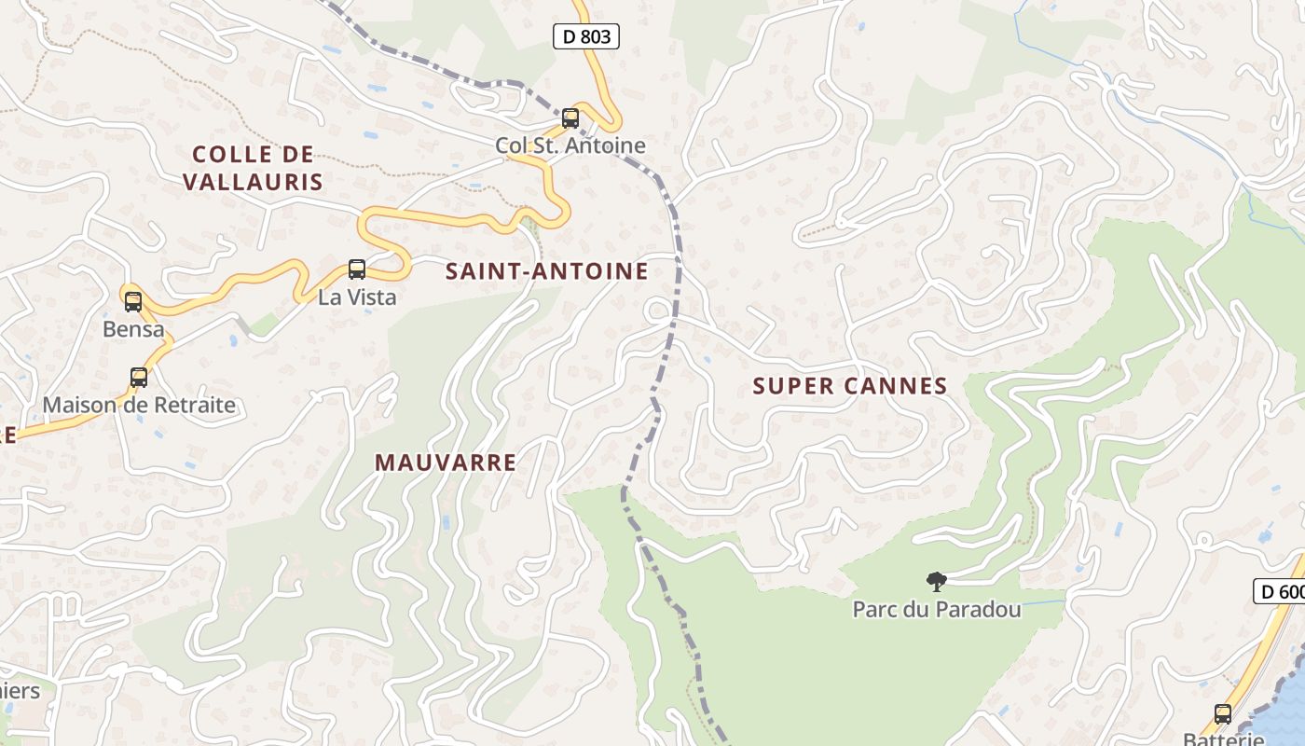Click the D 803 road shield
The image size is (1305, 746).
tap(586, 36)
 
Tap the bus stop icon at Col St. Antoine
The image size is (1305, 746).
tap(570, 118)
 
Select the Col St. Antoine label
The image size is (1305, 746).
tap(570, 145)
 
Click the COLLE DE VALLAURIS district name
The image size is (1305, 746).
tap(253, 168)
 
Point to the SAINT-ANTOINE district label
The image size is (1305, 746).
tap(546, 271)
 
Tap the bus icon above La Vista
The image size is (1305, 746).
tap(357, 269)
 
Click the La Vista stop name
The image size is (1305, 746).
tap(357, 297)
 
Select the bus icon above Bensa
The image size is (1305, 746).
tap(133, 301)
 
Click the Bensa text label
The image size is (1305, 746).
tap(133, 329)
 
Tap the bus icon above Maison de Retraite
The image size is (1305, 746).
tap(139, 378)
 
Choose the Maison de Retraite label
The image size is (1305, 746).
tap(139, 406)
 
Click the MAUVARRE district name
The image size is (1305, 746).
tap(446, 463)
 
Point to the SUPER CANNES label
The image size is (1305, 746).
tap(850, 386)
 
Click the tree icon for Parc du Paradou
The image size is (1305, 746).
tap(937, 582)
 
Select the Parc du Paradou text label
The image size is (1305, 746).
tap(937, 610)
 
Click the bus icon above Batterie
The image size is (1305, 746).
tap(1223, 714)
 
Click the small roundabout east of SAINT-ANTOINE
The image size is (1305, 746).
tap(657, 310)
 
